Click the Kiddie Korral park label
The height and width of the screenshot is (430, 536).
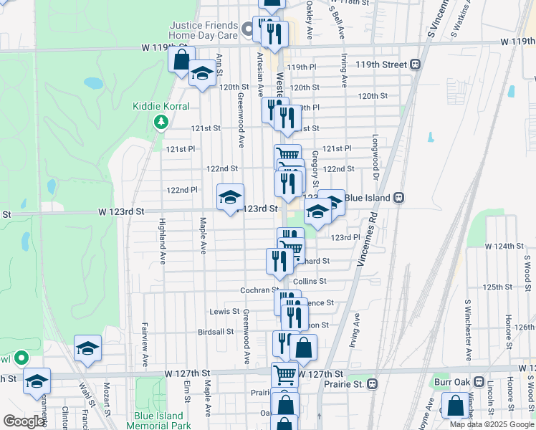[x=161, y=106]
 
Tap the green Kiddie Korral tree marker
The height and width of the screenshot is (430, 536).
[x=162, y=122]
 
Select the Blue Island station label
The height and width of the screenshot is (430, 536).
[x=367, y=197]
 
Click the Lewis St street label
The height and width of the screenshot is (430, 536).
[x=224, y=312]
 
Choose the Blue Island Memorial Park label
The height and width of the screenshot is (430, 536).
[x=158, y=421]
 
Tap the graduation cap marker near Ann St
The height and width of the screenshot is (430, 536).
[x=203, y=73]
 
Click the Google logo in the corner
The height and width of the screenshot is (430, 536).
[x=24, y=421]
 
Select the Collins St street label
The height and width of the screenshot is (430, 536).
[x=310, y=282]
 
